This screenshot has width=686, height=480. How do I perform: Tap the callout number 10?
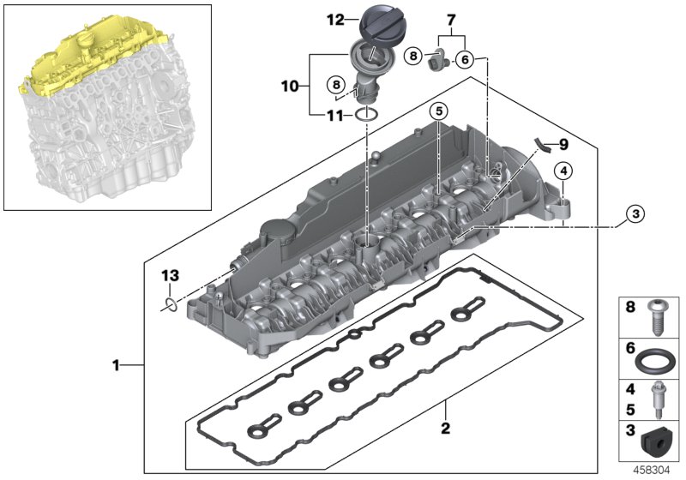pos(290,86)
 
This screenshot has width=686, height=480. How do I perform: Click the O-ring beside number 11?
pos(366,114)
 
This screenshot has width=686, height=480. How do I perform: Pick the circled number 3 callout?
pos(633,214)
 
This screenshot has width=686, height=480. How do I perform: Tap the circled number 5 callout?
pos(437,111)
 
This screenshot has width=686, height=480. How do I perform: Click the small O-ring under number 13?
pos(171,303)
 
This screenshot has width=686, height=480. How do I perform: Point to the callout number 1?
pos(116,366)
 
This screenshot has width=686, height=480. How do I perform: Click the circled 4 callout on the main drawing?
pos(563,171)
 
